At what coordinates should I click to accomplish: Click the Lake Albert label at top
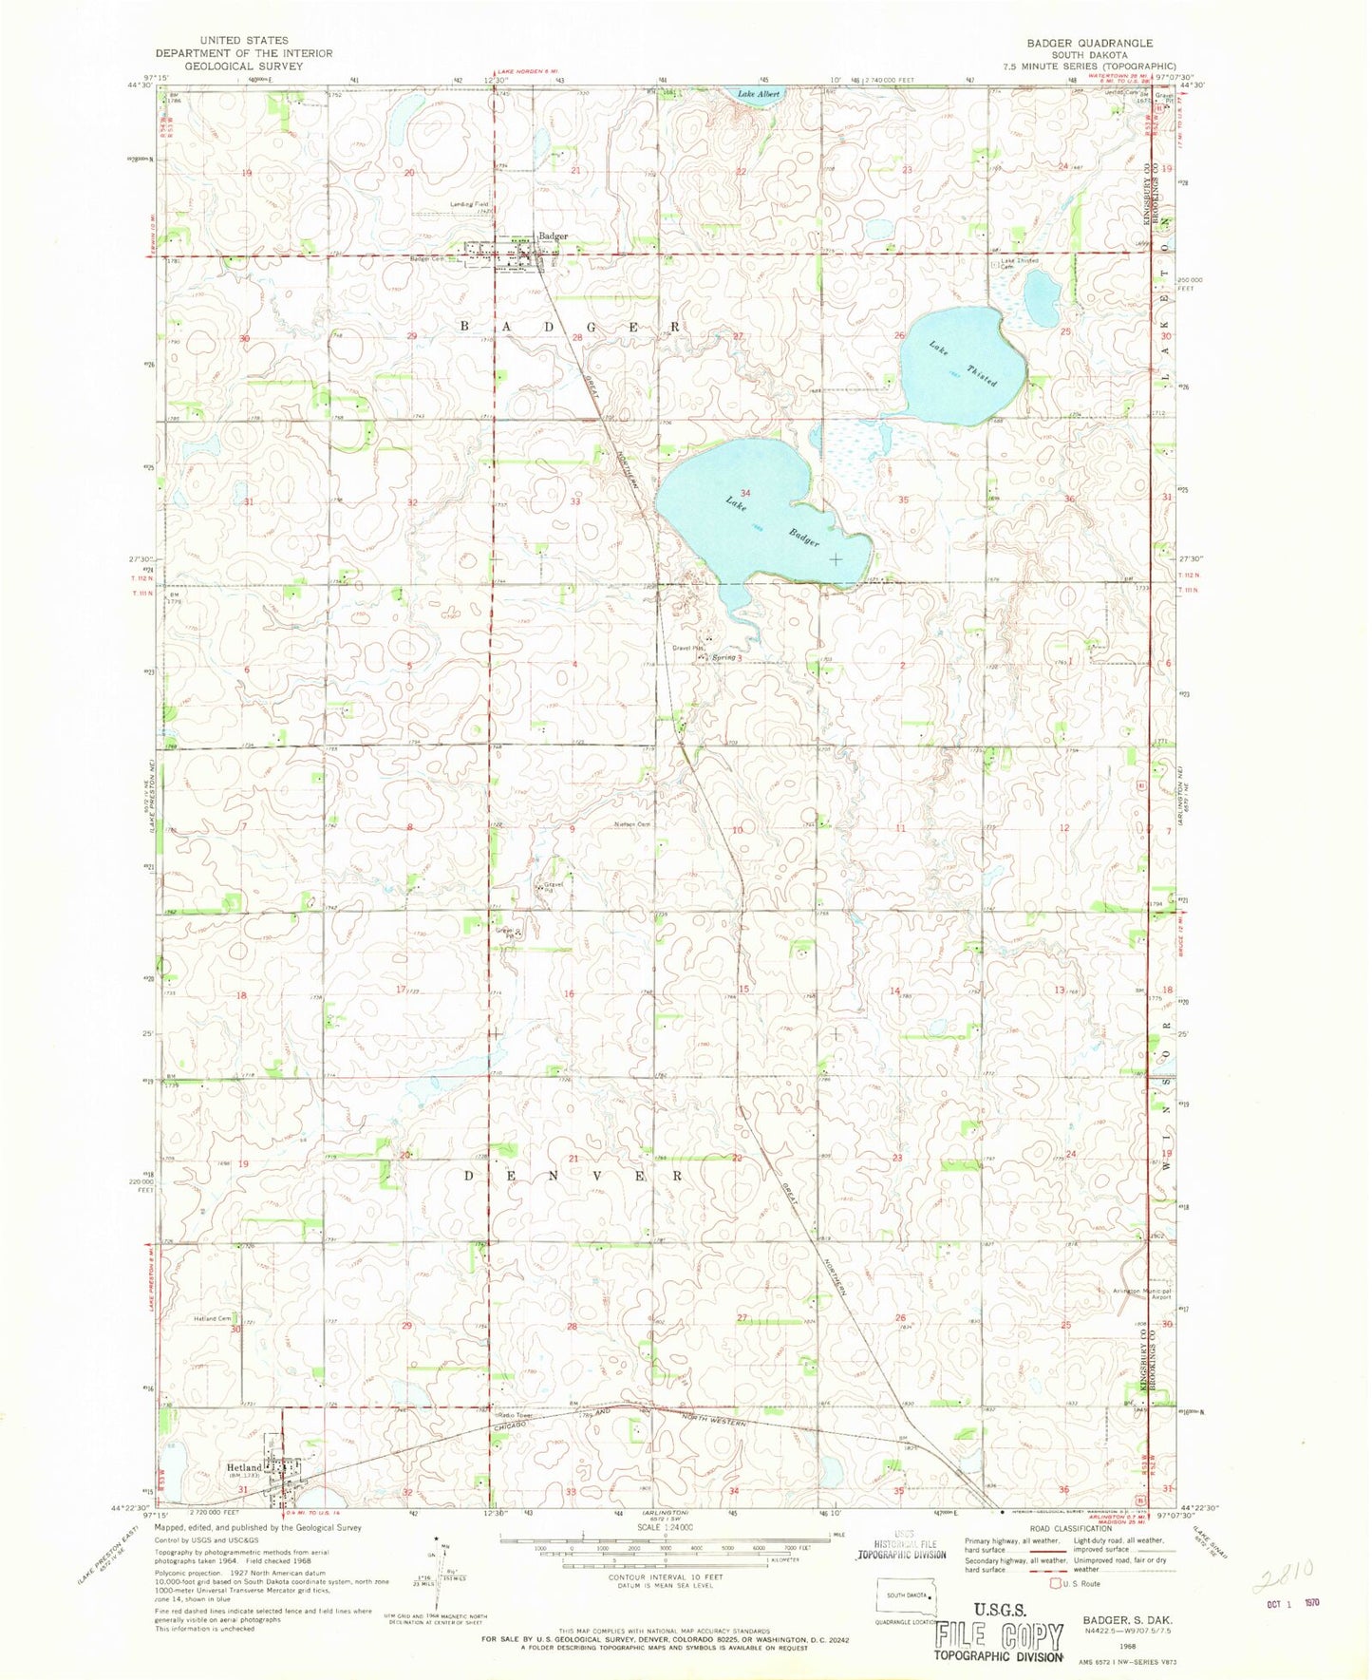760,94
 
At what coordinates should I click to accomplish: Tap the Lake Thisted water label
963,364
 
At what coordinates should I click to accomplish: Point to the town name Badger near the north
553,236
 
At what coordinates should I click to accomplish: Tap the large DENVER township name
573,1175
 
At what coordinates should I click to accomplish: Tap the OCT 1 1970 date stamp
1293,1602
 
